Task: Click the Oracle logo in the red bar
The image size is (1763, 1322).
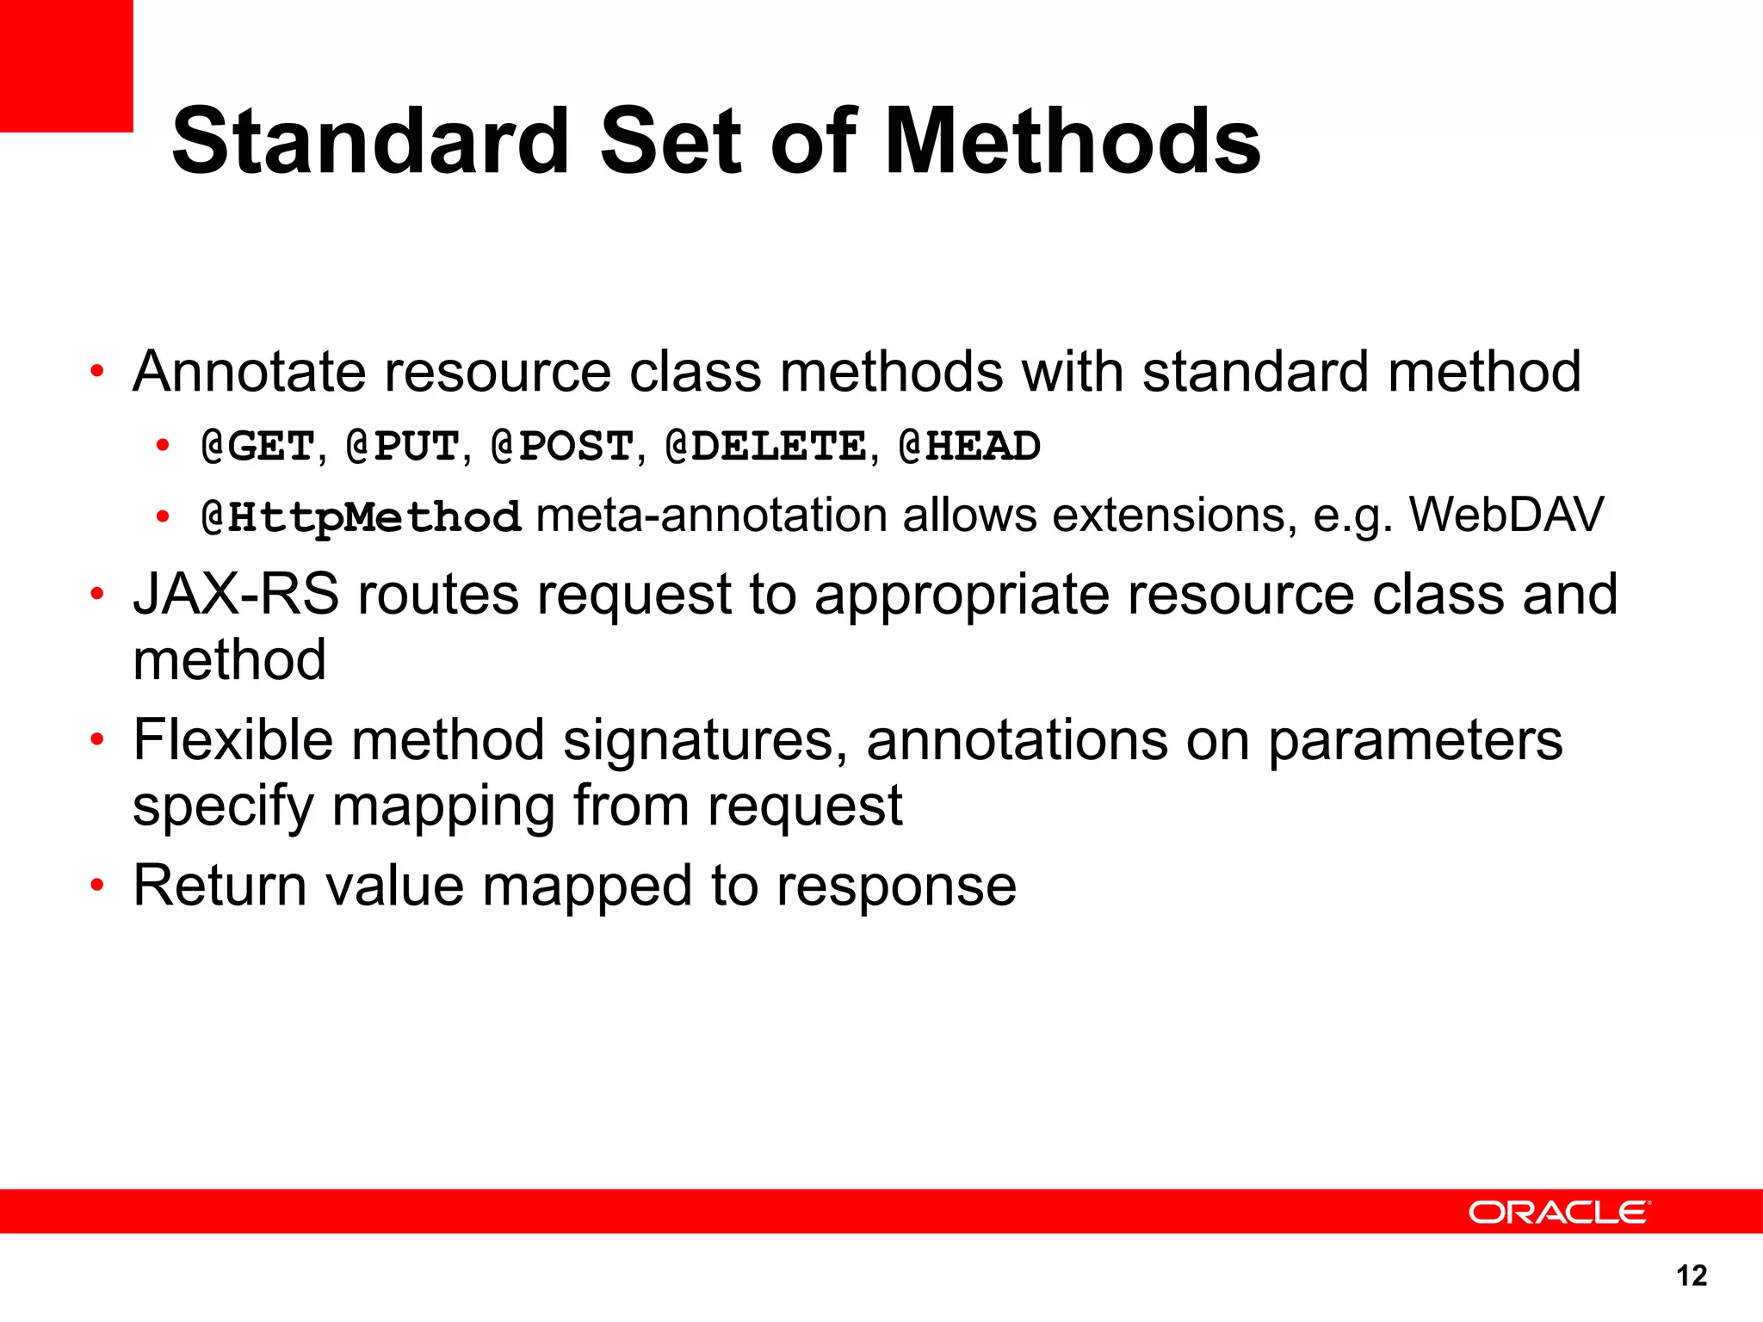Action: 1559,1212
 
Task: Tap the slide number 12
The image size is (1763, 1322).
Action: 1692,1276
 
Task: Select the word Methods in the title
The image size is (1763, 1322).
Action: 1073,141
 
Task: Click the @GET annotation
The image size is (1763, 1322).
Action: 257,447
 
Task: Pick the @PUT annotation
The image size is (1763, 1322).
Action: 403,447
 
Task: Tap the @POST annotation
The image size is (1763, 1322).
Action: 562,447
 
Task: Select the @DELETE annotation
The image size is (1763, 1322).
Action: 766,447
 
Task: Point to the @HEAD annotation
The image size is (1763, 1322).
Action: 969,447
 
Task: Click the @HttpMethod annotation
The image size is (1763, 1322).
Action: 361,517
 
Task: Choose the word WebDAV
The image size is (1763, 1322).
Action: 1506,516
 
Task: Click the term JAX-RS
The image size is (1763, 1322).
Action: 236,595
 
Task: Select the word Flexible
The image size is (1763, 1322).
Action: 232,740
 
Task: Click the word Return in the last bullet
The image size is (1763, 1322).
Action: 220,886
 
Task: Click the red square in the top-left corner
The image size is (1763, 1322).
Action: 66,65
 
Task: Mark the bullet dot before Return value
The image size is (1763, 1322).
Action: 97,886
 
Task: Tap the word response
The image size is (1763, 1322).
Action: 896,887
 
